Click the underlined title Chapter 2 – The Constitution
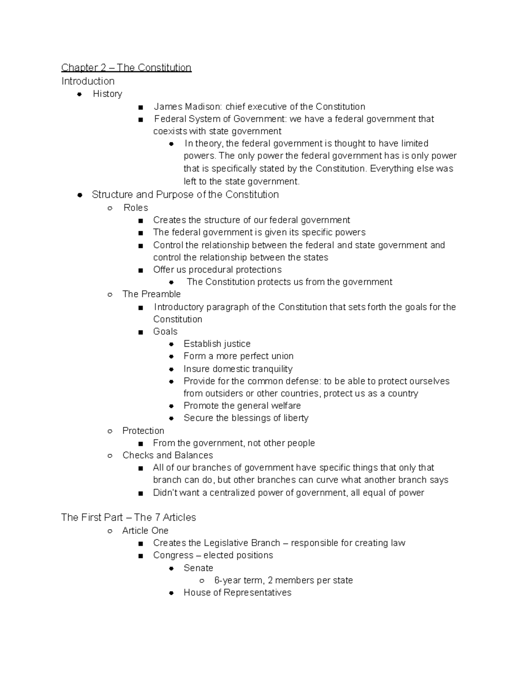[x=126, y=68]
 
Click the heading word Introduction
[x=88, y=81]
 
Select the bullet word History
[x=107, y=94]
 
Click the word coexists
[x=170, y=131]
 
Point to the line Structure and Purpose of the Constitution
[x=185, y=194]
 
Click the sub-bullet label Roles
[x=135, y=207]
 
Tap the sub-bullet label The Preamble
[x=151, y=294]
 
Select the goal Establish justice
[x=217, y=344]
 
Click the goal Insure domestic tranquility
[x=237, y=369]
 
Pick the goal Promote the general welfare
[x=242, y=406]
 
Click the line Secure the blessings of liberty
[x=246, y=418]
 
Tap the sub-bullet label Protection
[x=143, y=431]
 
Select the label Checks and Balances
[x=168, y=455]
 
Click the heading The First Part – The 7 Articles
[x=129, y=517]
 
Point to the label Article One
[x=145, y=530]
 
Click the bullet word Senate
[x=198, y=568]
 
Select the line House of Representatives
[x=237, y=593]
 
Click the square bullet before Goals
[x=140, y=332]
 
